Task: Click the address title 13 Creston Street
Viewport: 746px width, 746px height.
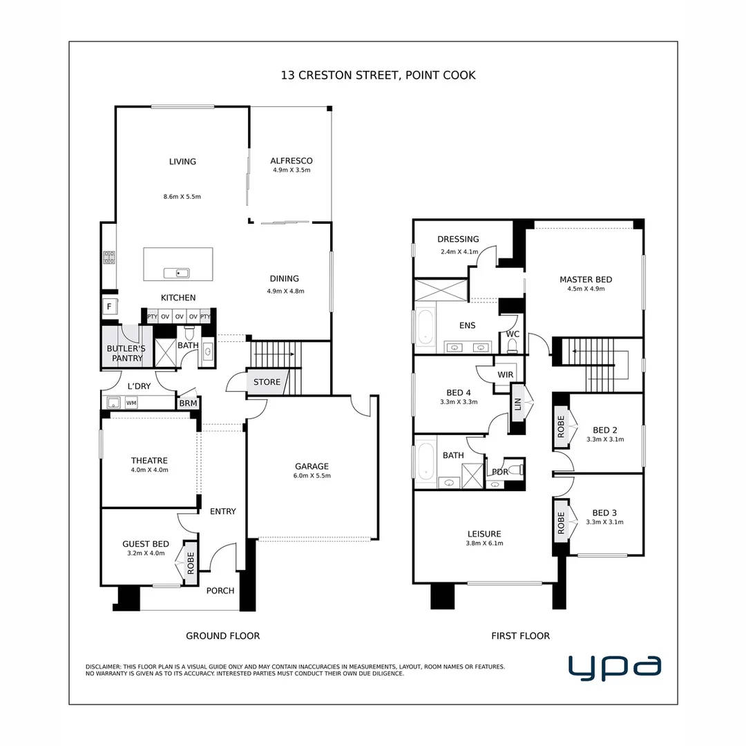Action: (x=378, y=75)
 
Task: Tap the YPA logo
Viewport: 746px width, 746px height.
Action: (x=614, y=667)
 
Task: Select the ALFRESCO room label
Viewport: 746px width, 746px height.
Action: (x=291, y=161)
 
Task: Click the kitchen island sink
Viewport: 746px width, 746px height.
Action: (x=177, y=273)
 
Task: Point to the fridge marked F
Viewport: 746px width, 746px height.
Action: (x=108, y=306)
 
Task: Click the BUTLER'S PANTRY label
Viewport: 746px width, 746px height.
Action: (x=125, y=353)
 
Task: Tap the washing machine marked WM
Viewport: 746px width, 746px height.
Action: (x=131, y=403)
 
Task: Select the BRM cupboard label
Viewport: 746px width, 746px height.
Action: (x=186, y=403)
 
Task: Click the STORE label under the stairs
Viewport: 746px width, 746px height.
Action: (x=267, y=382)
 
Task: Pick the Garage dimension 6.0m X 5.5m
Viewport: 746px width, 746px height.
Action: (x=312, y=476)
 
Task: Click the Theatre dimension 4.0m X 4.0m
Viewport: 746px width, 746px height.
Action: (x=149, y=470)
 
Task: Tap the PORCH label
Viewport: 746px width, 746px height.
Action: (x=220, y=591)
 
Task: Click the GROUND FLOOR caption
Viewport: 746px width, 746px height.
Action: (x=222, y=635)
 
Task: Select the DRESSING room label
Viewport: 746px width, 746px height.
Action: (x=458, y=239)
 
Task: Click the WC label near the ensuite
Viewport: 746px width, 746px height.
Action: (x=513, y=334)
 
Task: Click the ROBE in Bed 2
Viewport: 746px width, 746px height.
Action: (x=561, y=428)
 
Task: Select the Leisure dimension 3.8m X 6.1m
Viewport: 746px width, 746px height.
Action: (x=484, y=544)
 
